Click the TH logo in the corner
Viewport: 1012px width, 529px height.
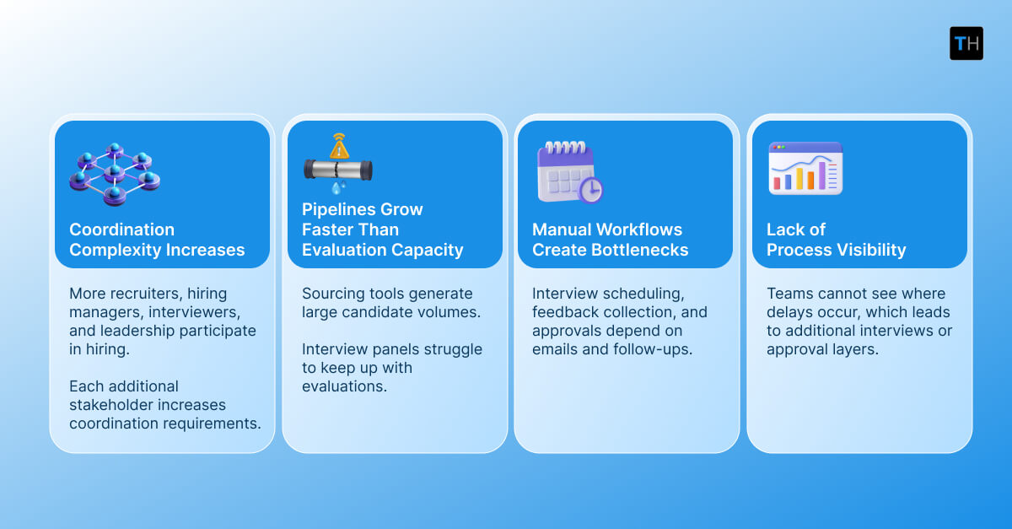(x=966, y=43)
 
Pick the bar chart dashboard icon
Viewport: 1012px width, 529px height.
(x=805, y=169)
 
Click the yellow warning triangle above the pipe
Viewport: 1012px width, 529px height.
(x=340, y=148)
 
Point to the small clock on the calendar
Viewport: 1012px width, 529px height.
(x=591, y=190)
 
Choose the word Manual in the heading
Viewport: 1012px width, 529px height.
(x=563, y=229)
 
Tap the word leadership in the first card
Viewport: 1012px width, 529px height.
(x=116, y=331)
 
